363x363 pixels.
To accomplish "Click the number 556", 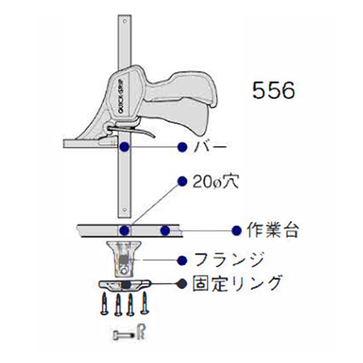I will [273, 90].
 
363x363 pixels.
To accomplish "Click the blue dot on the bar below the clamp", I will [123, 147].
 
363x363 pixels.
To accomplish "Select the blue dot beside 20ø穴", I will [181, 181].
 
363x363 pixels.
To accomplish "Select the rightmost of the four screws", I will [145, 302].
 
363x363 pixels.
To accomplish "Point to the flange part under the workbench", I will [123, 257].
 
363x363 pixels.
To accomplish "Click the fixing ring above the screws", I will [124, 285].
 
